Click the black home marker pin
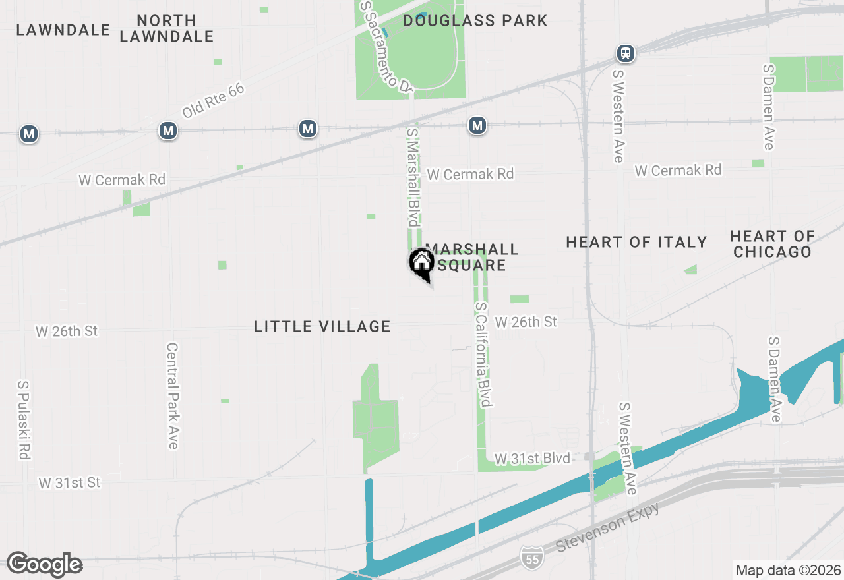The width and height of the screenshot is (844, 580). pos(422,263)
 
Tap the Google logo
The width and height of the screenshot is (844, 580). pos(44,565)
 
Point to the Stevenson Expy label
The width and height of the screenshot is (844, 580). pos(607,526)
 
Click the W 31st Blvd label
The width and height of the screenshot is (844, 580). pos(532,458)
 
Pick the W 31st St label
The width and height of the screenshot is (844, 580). pos(69,483)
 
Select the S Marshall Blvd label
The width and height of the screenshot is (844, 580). pos(413,177)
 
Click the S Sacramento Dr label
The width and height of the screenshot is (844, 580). pos(386,46)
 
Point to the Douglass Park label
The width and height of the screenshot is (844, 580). pos(475,20)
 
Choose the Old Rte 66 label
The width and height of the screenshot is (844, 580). pos(213,101)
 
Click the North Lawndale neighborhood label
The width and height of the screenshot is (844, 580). pos(167,28)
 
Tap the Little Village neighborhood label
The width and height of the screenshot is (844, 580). pos(322,326)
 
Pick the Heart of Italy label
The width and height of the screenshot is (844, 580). pos(636,243)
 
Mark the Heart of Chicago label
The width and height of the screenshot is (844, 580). pos(772,244)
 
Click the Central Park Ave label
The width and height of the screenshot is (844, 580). pos(173,395)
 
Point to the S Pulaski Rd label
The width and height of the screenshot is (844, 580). pos(24,420)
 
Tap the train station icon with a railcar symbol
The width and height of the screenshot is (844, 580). pos(626,53)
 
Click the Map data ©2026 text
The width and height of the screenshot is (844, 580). pos(788,570)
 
